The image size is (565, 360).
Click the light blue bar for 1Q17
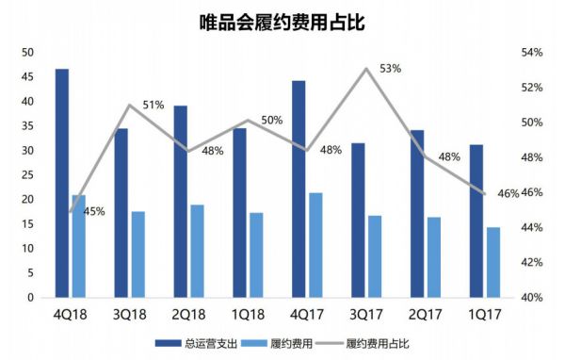click(492, 262)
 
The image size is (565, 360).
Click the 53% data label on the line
click(390, 69)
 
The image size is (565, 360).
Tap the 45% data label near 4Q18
click(93, 212)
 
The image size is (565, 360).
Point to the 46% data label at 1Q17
click(508, 194)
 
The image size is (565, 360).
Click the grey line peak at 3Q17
click(366, 68)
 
